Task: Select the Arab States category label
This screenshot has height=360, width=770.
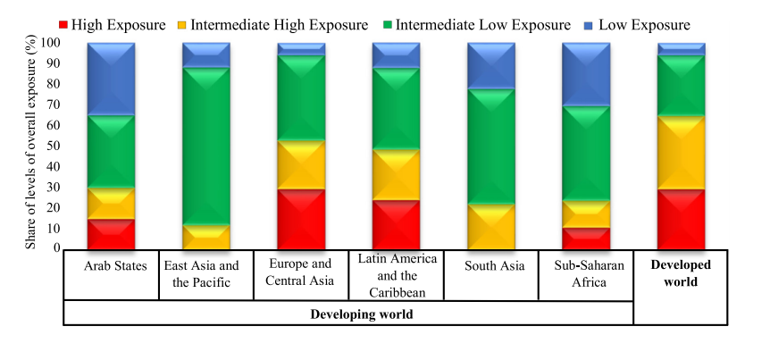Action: click(x=111, y=266)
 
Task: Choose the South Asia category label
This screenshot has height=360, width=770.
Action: click(x=490, y=266)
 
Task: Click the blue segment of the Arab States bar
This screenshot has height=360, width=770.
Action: click(x=111, y=79)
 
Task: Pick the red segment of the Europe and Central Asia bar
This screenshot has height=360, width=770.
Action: click(x=301, y=219)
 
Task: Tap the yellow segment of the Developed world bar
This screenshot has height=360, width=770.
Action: click(x=681, y=152)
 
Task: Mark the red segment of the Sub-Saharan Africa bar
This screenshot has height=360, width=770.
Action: click(x=585, y=239)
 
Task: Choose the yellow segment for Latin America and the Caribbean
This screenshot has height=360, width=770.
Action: click(x=396, y=174)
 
